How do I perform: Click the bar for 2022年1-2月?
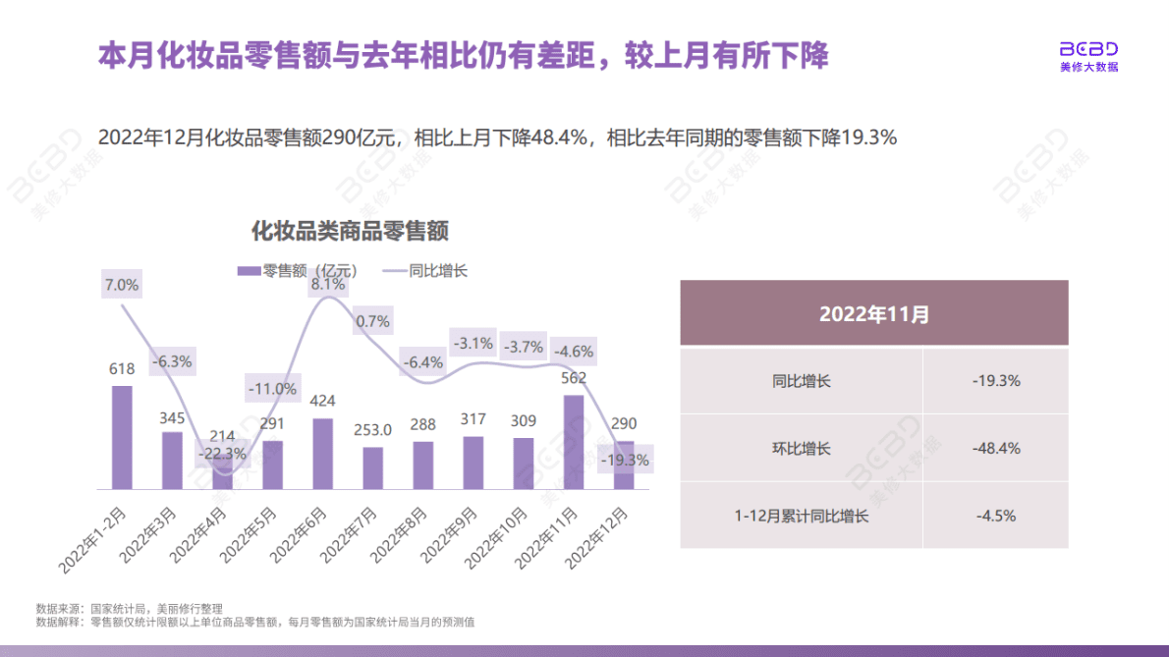pyautogui.click(x=122, y=437)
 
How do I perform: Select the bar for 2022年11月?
pyautogui.click(x=575, y=442)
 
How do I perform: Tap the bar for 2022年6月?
pyautogui.click(x=322, y=454)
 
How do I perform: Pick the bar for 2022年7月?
pyautogui.click(x=373, y=468)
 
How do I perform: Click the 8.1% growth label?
pyautogui.click(x=327, y=284)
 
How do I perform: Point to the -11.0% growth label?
pyautogui.click(x=273, y=389)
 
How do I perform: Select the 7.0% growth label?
pyautogui.click(x=121, y=286)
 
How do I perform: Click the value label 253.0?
pyautogui.click(x=373, y=429)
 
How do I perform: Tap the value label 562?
pyautogui.click(x=573, y=377)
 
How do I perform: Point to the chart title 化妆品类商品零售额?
pyautogui.click(x=350, y=232)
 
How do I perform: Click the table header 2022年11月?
pyautogui.click(x=873, y=315)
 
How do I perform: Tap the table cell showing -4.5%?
pyautogui.click(x=995, y=515)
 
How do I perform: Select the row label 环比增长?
pyautogui.click(x=802, y=448)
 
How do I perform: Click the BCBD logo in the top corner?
pyautogui.click(x=1088, y=56)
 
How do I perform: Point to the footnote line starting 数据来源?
pyautogui.click(x=130, y=608)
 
